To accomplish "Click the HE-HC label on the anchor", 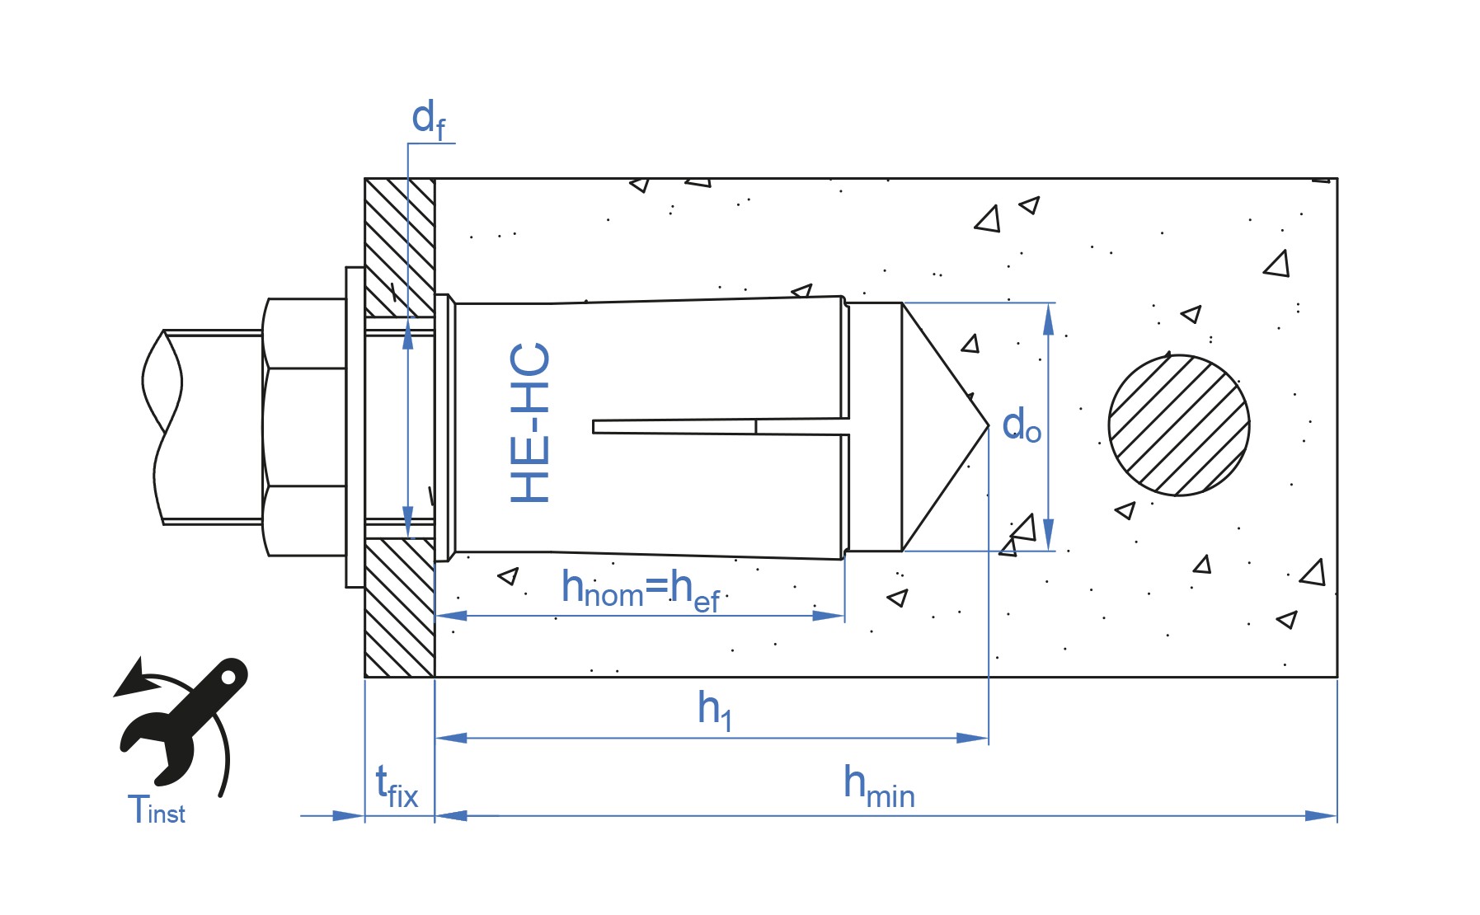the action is pos(529,423).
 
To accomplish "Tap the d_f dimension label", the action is pos(429,120).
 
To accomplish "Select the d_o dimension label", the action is pos(1022,425).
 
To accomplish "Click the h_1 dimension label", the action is pos(714,709).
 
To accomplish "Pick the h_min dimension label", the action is pos(879,786).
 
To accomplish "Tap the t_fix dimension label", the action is pos(397,786).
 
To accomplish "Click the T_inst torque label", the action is pos(157,809).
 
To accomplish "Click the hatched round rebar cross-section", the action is pos(1179,425).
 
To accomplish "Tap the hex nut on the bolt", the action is pos(305,427).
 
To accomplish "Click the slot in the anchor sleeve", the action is pos(720,426).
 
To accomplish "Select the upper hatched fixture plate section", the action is pos(400,247).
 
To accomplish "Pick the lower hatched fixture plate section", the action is pos(400,608).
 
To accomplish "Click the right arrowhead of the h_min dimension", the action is pos(1321,816).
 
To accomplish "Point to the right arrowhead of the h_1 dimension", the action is pos(972,738).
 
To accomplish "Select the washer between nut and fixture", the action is pos(355,427).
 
